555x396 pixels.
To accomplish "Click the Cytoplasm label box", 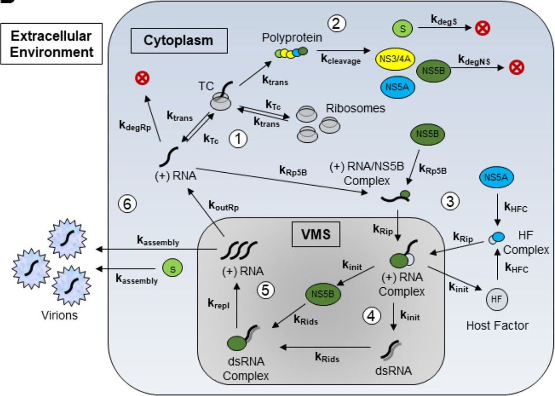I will point(178,40).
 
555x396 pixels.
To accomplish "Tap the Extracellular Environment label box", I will point(51,44).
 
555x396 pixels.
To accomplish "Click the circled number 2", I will point(337,23).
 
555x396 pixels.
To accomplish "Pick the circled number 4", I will point(372,316).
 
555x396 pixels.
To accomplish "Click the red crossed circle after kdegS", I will point(482,29).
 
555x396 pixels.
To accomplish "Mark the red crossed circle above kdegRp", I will point(145,78).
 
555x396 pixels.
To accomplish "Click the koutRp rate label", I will point(224,206).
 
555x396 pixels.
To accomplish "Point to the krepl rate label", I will point(218,303).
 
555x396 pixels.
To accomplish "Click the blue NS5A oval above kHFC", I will point(495,176).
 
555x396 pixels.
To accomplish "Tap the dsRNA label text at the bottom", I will point(393,371).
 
